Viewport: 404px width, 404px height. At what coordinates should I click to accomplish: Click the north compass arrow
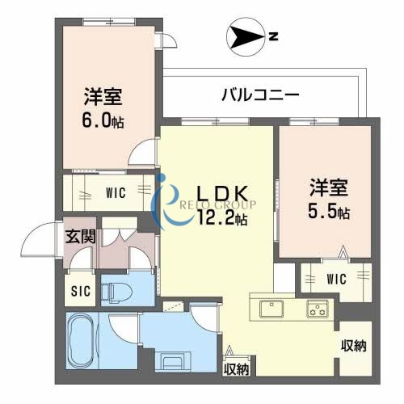point(245,36)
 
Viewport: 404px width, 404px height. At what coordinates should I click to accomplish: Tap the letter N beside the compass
point(274,36)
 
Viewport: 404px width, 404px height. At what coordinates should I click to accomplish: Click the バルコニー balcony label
point(260,95)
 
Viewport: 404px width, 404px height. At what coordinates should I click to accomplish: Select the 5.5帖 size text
point(327,213)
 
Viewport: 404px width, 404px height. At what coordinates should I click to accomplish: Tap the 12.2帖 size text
point(219,217)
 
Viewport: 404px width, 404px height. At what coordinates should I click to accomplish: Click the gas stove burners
point(316,309)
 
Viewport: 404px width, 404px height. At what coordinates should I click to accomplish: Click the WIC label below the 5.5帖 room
point(337,280)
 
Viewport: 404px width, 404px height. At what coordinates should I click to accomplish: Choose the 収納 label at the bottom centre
point(237,369)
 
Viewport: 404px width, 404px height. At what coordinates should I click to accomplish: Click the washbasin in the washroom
point(173,360)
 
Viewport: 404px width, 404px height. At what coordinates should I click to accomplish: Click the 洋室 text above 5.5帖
point(327,188)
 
